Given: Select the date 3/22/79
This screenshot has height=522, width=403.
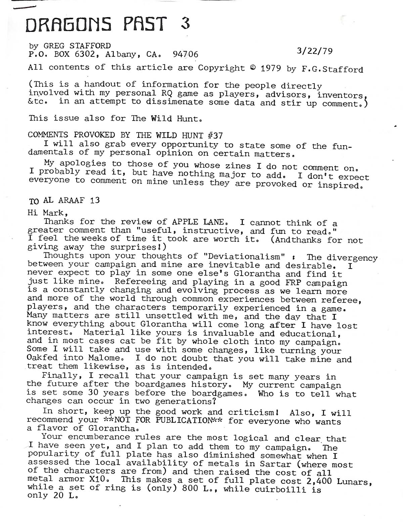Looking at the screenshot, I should tap(315, 51).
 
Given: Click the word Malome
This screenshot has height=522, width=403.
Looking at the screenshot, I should tap(102, 359).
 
